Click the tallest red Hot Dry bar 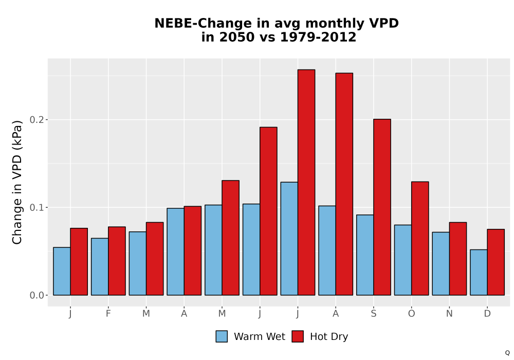point(306,182)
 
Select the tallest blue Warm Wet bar point(289,239)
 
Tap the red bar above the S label point(382,207)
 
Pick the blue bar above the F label point(100,266)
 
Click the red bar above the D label point(495,262)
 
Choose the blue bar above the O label point(403,260)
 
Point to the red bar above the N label point(458,259)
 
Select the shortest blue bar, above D point(479,273)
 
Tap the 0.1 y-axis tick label point(36,208)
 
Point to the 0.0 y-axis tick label point(36,295)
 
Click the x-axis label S point(373,314)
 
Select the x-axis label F point(108,314)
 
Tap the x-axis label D point(487,314)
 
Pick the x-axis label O point(411,314)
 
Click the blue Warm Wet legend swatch point(222,336)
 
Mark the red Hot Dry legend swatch point(298,336)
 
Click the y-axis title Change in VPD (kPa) point(17,182)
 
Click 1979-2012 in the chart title point(318,37)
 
